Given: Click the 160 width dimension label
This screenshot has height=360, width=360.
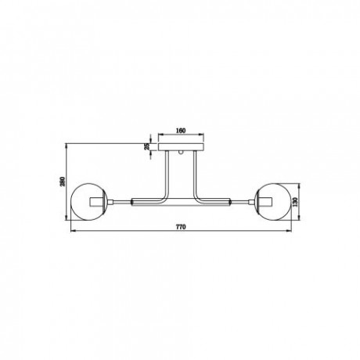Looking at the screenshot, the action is pos(181,131).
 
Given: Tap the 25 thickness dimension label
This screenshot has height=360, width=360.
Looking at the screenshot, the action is pos(147,146).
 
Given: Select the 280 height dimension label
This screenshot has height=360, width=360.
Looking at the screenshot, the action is pos(63,182).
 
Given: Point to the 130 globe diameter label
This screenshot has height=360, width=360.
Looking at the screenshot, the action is pos(295,202).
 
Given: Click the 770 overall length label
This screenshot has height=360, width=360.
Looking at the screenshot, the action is pos(181,227).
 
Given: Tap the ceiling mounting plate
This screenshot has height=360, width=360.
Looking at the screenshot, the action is pos(181,147).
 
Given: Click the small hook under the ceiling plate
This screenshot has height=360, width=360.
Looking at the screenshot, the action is pos(181,153).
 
